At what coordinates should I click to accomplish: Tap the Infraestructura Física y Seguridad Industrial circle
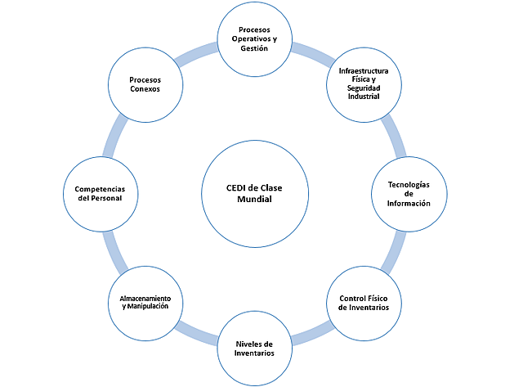pos(364,84)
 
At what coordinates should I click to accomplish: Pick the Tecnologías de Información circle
pos(408,194)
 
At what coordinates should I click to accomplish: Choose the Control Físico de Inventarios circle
pos(364,303)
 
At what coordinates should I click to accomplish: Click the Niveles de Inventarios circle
pos(254,348)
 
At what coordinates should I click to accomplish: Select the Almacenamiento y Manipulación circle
pos(144,303)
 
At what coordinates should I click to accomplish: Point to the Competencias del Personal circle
pos(99,194)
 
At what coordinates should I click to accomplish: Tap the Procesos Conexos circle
pos(144,84)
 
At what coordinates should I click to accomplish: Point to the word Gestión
pos(254,49)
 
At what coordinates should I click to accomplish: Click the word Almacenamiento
pos(144,297)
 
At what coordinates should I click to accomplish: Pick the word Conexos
pos(144,90)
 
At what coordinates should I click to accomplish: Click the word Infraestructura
pos(364,71)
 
